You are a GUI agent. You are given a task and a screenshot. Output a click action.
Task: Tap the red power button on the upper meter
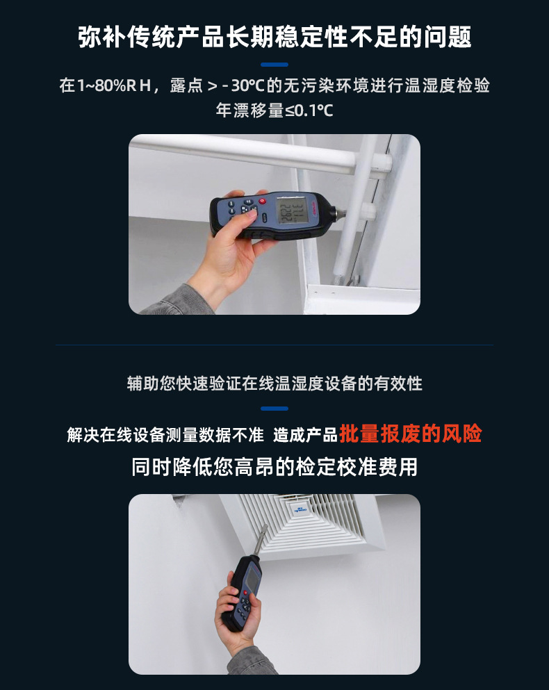[263, 201]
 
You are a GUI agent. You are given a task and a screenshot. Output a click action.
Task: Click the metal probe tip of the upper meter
[341, 214]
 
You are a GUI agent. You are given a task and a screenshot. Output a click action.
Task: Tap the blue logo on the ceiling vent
[300, 510]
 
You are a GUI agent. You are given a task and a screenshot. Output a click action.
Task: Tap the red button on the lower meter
[245, 593]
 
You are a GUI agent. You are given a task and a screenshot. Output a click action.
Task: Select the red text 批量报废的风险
[410, 434]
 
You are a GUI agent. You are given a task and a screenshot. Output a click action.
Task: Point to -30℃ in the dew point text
[243, 85]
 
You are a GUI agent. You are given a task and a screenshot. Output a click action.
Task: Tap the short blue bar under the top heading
[274, 65]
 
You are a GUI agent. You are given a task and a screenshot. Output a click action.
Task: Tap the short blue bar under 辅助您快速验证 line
[274, 409]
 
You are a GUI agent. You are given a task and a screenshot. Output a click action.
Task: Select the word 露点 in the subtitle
[186, 85]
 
